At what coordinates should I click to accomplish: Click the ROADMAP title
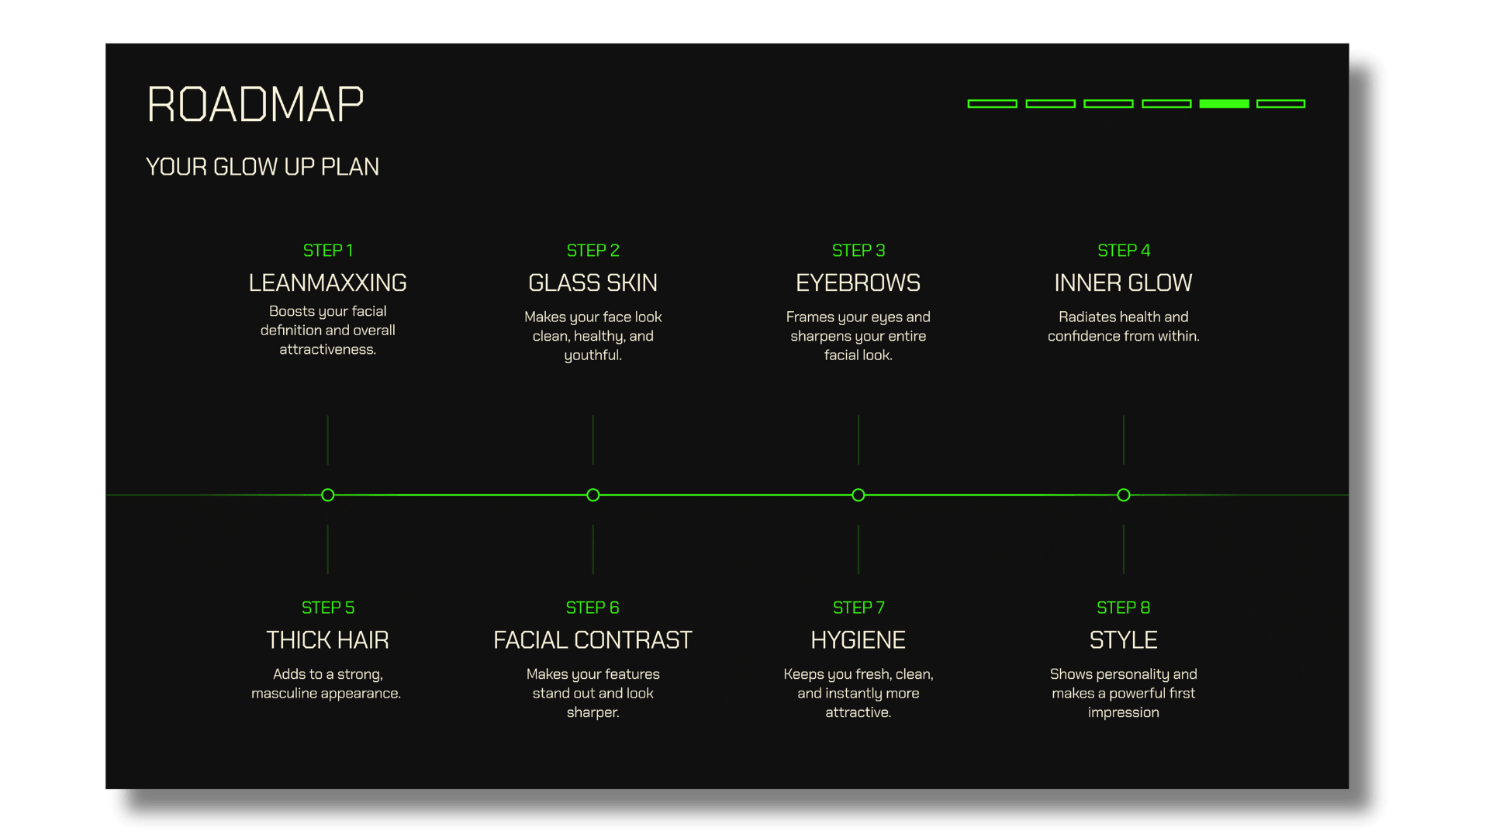255,105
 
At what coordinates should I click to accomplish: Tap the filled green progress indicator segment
1224,103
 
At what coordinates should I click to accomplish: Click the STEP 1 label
327,251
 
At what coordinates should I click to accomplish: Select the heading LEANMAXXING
327,283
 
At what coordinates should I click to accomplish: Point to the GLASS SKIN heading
592,283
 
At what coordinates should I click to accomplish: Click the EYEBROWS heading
858,283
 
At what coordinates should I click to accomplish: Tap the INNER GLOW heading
1123,283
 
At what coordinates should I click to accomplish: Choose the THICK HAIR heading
327,640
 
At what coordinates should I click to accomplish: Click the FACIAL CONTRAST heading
592,640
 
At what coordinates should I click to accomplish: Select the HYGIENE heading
858,640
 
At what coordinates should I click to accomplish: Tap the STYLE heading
1123,640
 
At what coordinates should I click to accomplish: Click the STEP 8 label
1123,608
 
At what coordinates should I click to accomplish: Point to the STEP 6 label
592,608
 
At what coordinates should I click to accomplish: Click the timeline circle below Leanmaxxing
328,495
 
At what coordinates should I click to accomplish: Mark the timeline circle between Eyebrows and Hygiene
859,495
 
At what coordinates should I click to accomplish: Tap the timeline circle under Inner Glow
1124,495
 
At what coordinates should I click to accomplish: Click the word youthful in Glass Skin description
592,355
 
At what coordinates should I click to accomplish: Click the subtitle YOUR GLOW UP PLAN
262,167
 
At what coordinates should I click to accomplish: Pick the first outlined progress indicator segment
992,103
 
